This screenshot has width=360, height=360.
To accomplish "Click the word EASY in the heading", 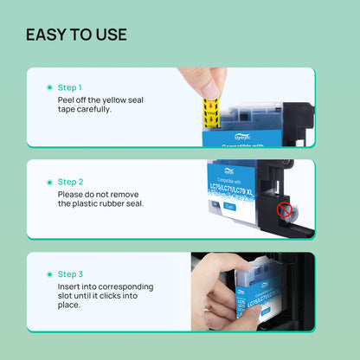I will [46, 35].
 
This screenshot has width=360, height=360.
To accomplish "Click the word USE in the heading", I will [110, 35].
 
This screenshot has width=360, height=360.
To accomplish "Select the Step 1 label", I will [70, 87].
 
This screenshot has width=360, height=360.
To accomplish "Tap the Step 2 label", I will [70, 182].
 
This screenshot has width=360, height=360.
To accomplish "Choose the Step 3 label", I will [70, 273].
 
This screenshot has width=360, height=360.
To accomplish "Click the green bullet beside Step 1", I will [48, 87].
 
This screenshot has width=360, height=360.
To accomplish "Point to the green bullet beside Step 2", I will [48, 182].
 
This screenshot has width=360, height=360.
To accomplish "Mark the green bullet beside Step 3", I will [48, 273].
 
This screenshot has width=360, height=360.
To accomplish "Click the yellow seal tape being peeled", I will [209, 112].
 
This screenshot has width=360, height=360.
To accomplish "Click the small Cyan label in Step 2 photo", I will [229, 206].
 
